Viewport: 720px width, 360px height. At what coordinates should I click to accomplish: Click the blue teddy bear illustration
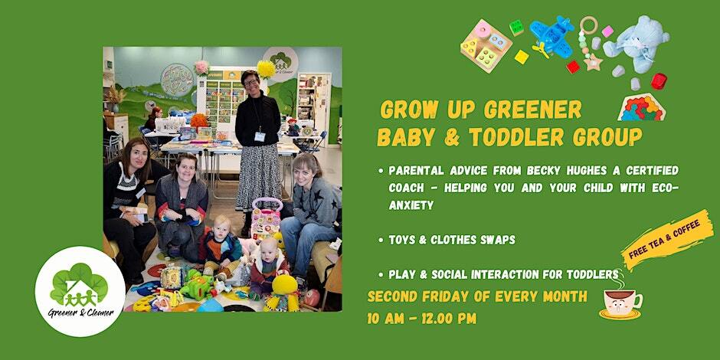click(636, 44)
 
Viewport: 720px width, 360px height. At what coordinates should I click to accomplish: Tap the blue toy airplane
click(551, 34)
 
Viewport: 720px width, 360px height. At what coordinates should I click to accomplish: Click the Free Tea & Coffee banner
click(664, 239)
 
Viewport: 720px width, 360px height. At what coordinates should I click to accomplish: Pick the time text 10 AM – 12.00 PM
click(421, 318)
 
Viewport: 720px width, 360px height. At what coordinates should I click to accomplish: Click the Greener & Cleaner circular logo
click(80, 292)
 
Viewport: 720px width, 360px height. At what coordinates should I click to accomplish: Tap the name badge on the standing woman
click(260, 136)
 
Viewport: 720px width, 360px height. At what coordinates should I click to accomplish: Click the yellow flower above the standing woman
click(266, 69)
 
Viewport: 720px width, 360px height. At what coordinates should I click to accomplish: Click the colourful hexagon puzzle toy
click(641, 108)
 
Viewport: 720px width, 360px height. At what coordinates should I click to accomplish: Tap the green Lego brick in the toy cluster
click(516, 28)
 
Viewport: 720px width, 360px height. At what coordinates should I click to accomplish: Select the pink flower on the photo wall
click(201, 68)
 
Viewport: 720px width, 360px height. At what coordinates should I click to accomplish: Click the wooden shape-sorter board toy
click(486, 45)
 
